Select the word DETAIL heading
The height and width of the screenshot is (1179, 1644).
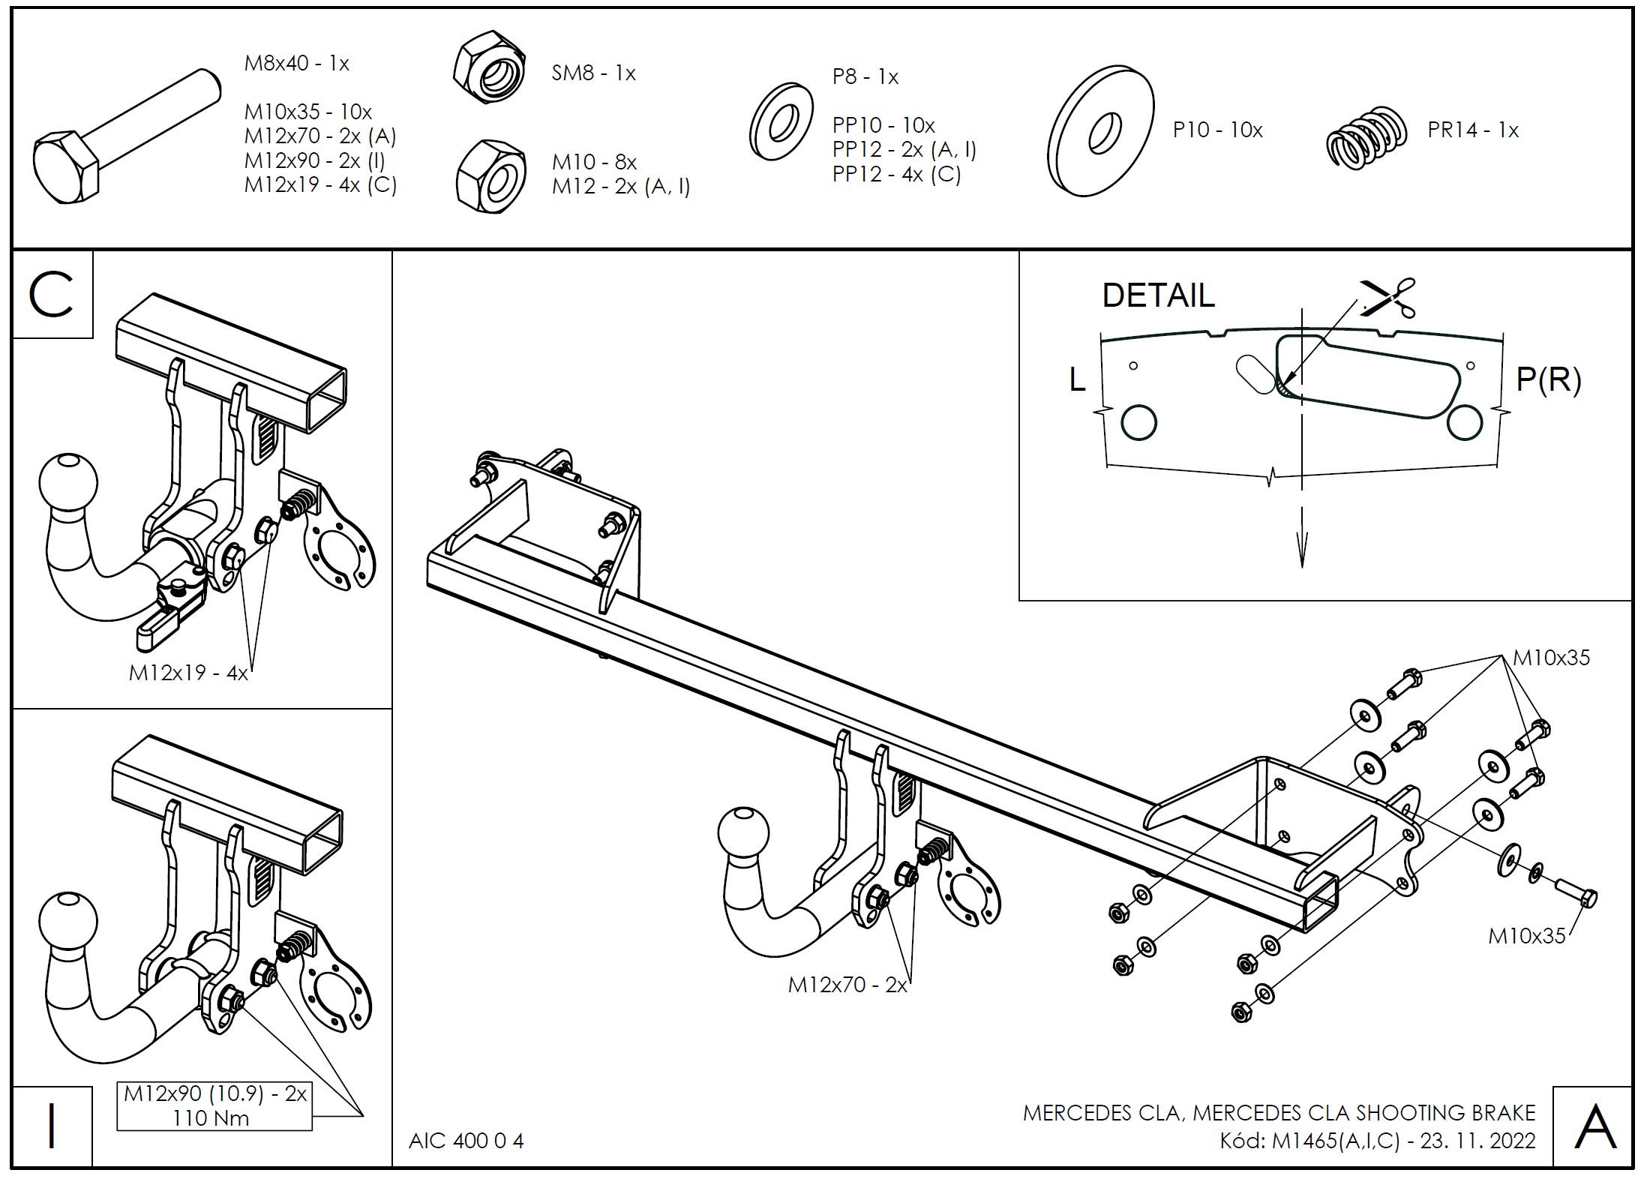click(x=1158, y=295)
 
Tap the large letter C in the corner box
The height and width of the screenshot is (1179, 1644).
click(x=51, y=295)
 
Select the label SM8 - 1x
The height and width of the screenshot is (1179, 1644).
click(x=593, y=73)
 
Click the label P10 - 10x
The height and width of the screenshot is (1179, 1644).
click(x=1217, y=130)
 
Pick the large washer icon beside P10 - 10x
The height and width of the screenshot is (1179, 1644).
click(x=1101, y=131)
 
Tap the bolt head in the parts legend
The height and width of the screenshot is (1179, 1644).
click(x=66, y=169)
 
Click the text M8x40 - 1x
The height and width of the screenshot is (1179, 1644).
click(x=296, y=63)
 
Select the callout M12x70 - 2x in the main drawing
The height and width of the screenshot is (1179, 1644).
click(x=847, y=985)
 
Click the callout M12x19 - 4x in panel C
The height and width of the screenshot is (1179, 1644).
click(x=187, y=673)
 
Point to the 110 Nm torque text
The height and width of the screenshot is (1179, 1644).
click(x=210, y=1118)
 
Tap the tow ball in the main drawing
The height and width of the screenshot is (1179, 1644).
click(x=743, y=833)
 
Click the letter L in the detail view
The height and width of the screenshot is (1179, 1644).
click(x=1077, y=380)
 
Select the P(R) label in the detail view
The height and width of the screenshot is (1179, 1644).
click(x=1548, y=379)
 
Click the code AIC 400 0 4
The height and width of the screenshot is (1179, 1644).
click(x=466, y=1141)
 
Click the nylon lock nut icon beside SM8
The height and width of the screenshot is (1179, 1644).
click(x=489, y=68)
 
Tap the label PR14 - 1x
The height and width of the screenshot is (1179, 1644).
click(x=1472, y=130)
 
